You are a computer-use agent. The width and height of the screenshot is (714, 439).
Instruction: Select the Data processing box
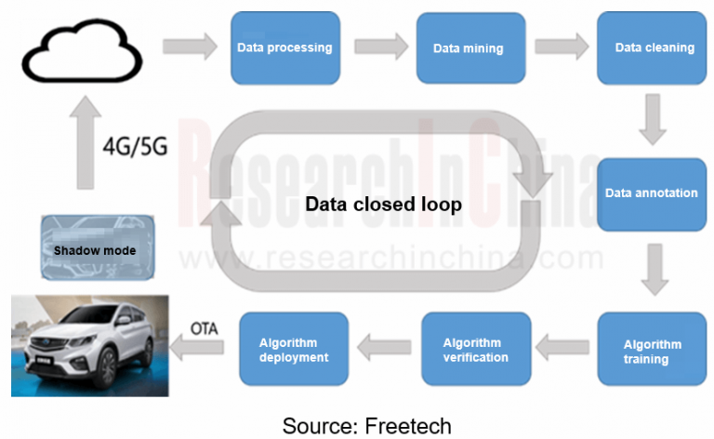coord(284,47)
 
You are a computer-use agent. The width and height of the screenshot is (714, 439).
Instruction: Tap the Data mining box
coord(468,47)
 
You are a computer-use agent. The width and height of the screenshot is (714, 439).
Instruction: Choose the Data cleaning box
coord(654,47)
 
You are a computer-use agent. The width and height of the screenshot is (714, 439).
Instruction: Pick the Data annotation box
coord(651,193)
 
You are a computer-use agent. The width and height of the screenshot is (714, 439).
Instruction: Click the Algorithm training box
coord(651,351)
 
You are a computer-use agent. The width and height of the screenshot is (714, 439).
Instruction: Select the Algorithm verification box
coord(475,350)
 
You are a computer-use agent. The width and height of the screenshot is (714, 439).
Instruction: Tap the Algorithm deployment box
coord(294,350)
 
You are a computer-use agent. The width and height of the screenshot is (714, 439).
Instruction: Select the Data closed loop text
coord(384,204)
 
